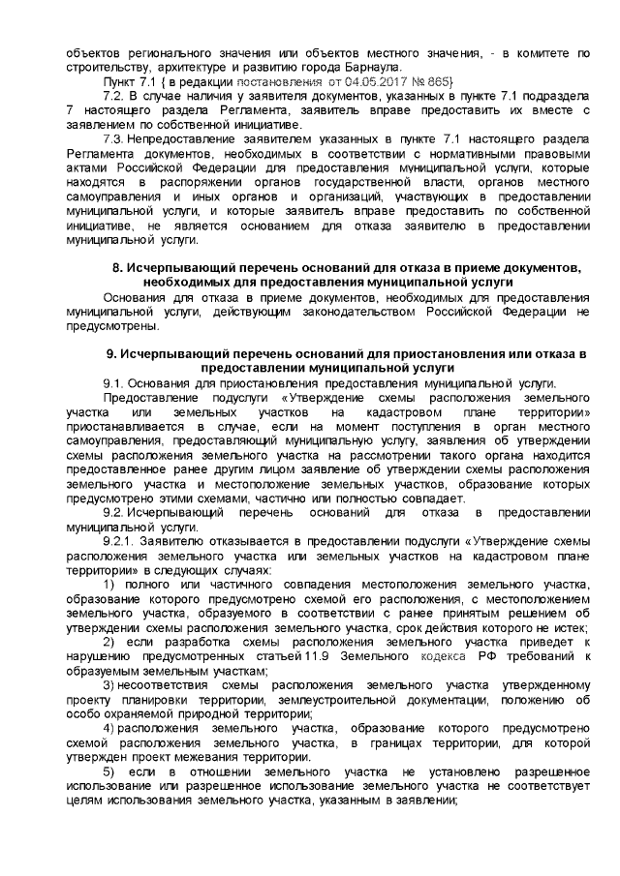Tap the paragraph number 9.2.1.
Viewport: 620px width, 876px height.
(120, 543)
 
